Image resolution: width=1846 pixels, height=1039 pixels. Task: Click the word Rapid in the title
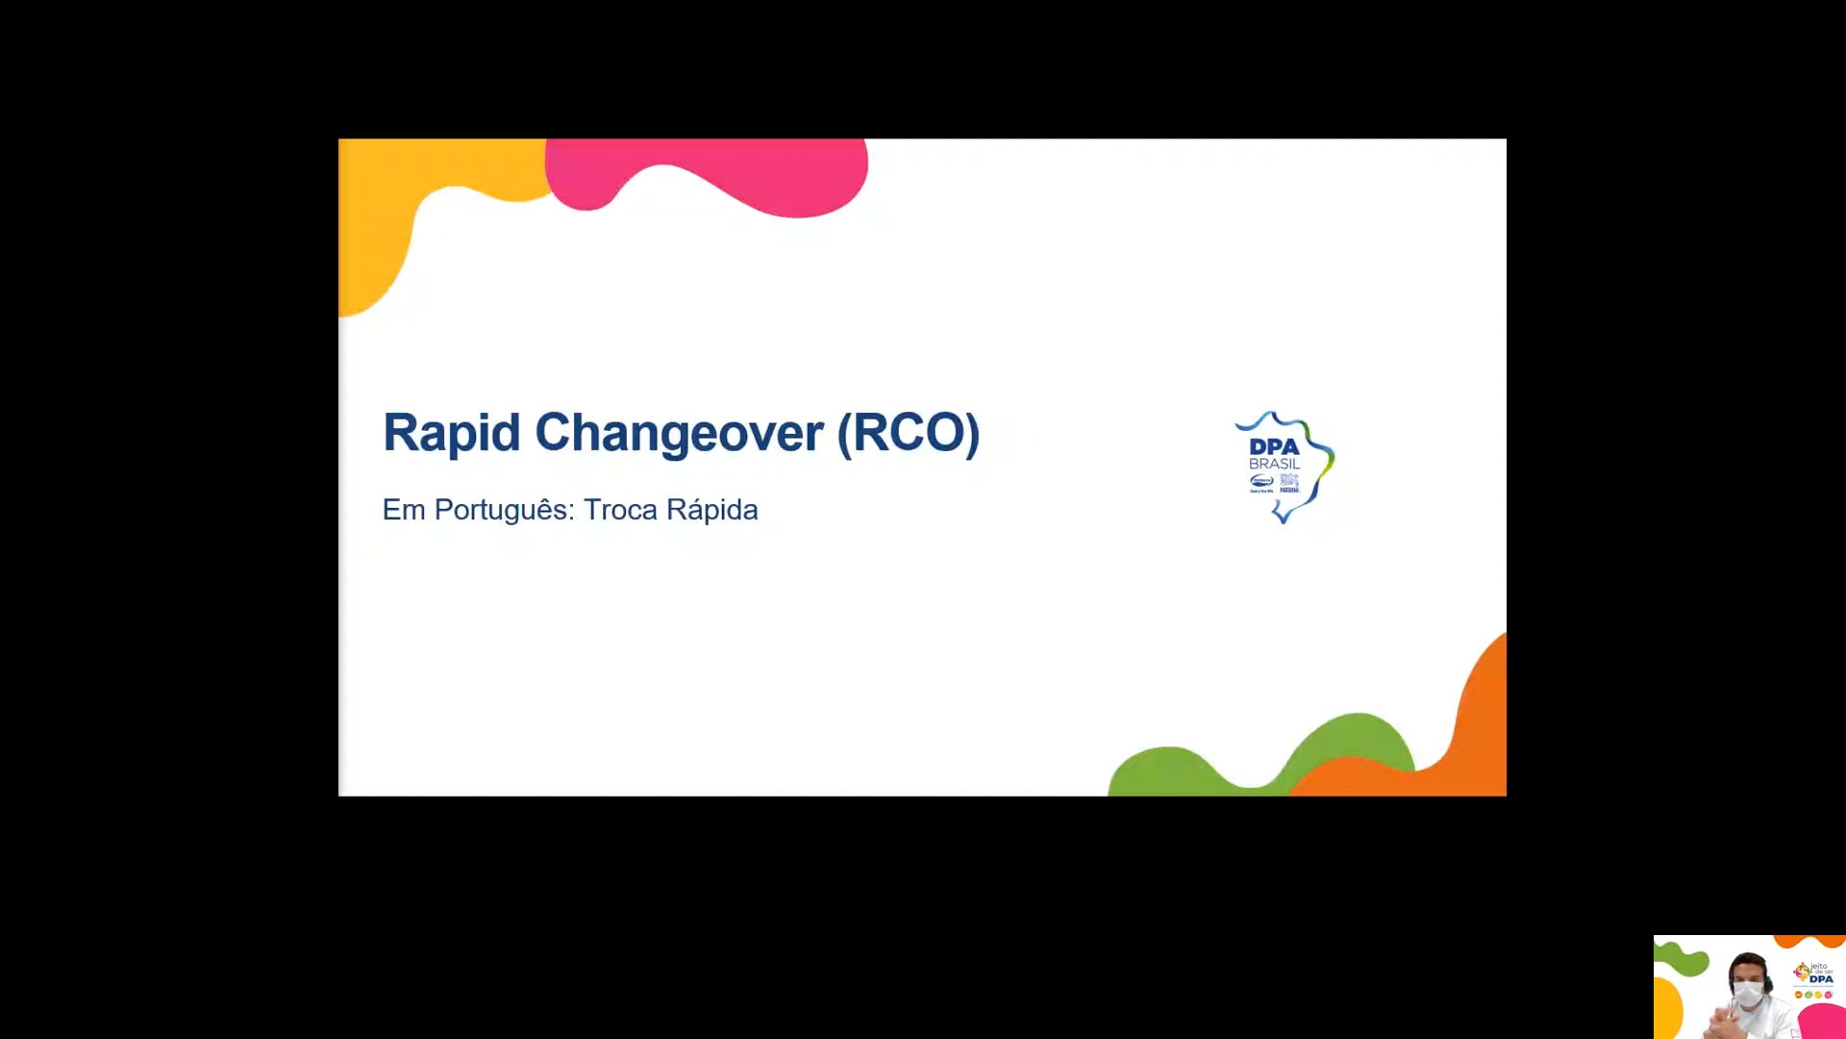451,433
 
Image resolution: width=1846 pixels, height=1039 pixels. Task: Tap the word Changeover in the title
679,433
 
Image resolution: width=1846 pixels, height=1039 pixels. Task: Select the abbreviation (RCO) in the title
909,433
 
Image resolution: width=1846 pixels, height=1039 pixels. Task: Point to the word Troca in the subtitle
620,510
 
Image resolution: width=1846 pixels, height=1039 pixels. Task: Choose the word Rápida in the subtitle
712,510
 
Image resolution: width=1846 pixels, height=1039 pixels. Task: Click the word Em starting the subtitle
404,510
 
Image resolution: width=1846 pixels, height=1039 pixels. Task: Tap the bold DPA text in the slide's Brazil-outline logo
1274,446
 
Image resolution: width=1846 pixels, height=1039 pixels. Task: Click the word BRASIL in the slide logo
1274,464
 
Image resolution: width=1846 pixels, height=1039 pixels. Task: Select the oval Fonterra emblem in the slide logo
1261,480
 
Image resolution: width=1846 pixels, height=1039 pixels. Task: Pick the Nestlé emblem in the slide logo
1289,481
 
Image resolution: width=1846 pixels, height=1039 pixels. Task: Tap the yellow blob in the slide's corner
385,221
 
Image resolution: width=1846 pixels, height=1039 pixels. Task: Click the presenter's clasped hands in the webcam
1726,1025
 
